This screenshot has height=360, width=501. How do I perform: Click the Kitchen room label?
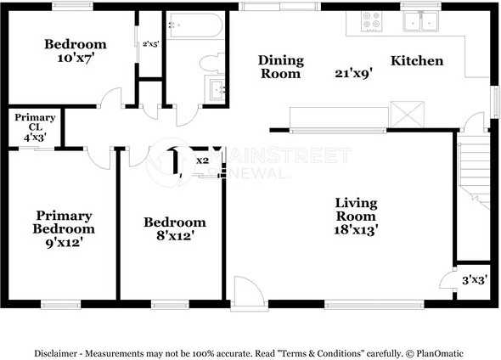point(417,60)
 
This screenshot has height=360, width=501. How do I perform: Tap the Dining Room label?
point(281,67)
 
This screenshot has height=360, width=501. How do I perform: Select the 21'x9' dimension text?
point(354,74)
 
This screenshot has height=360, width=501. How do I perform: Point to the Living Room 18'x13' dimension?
point(357,230)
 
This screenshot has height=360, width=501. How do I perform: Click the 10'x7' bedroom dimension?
point(76,58)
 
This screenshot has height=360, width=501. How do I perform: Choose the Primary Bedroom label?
point(64,222)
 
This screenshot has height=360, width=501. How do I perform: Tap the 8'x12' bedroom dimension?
point(176,236)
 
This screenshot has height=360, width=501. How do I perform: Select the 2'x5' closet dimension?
point(150,44)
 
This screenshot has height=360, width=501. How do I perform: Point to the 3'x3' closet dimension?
point(475,280)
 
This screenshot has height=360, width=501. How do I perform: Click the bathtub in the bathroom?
point(195,25)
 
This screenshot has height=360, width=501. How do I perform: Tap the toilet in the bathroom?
point(212,63)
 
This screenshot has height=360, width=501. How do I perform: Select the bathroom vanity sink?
point(217,88)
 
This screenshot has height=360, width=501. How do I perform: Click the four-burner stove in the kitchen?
point(372,20)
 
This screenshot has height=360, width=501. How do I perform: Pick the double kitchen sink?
point(420,21)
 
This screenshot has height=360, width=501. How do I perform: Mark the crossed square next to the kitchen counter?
point(407,114)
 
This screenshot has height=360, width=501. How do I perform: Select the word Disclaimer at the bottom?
point(55,353)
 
